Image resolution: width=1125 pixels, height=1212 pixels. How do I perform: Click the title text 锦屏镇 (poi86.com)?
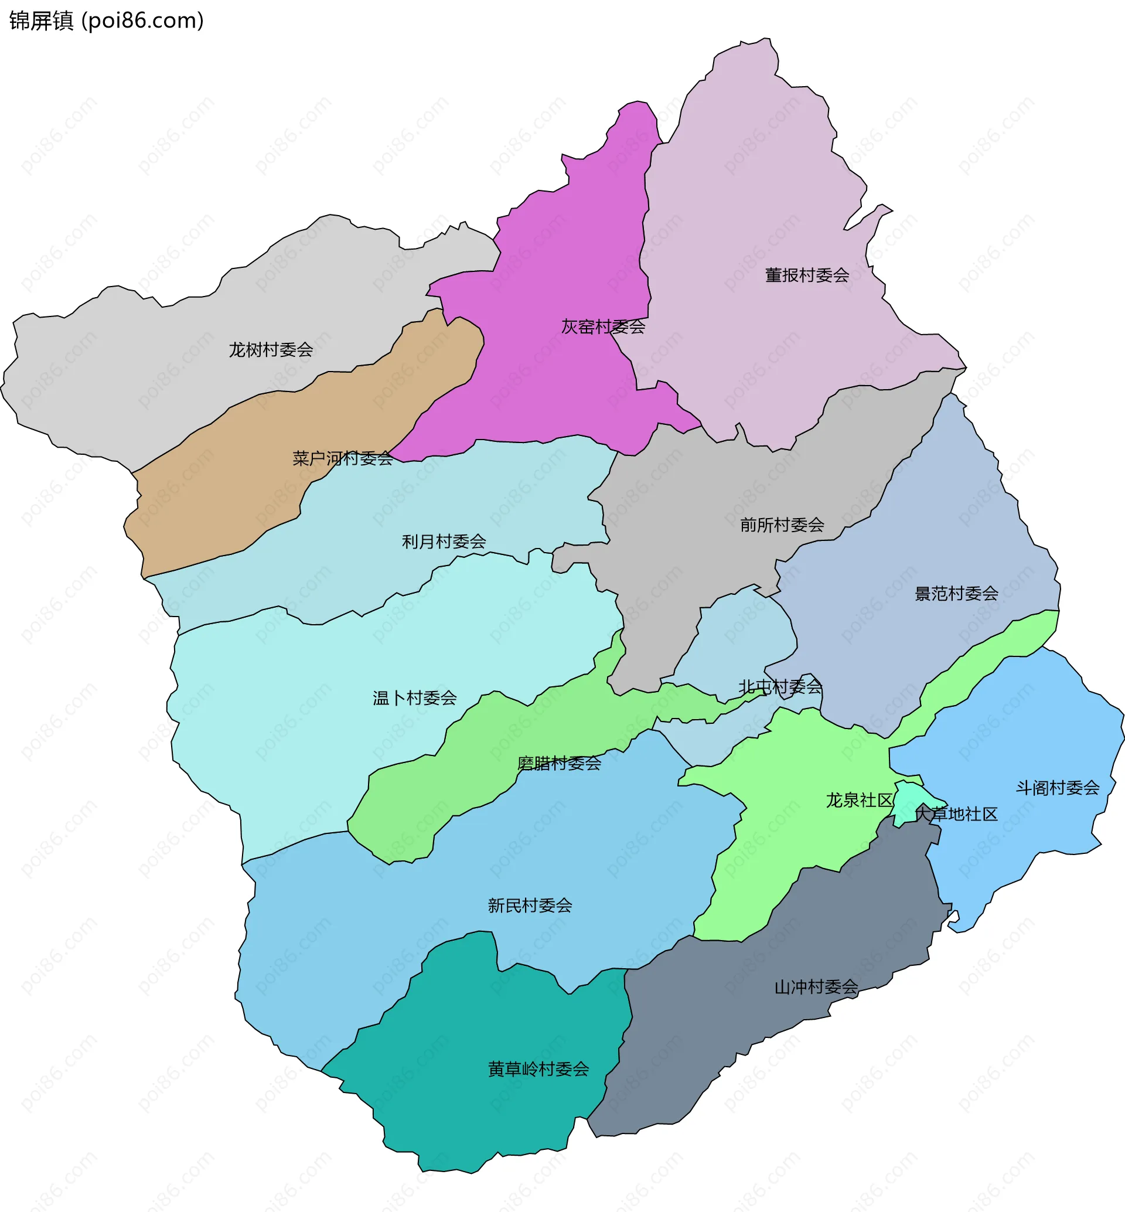107,21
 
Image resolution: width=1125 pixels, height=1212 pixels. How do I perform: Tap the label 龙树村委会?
271,349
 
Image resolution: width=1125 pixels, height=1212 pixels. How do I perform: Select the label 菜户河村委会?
343,458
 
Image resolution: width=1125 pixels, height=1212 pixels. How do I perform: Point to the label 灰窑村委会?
603,327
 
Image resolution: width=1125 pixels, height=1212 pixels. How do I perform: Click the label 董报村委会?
807,275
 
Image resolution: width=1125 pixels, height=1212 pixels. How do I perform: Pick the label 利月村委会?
444,542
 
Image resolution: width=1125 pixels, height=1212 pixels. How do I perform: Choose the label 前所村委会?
782,525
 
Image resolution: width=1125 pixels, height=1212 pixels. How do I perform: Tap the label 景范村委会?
956,593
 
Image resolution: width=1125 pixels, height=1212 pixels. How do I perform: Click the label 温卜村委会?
415,698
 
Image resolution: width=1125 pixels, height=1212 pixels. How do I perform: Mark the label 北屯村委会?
780,687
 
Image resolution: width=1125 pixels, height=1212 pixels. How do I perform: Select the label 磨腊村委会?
559,763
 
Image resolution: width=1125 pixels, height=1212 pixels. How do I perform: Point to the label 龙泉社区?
859,801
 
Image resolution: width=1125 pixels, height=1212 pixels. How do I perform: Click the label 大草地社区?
956,814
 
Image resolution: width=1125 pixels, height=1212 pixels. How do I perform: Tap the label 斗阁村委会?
1058,788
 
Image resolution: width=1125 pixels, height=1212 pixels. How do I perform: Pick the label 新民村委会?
530,905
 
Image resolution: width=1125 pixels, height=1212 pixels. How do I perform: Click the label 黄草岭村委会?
538,1069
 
